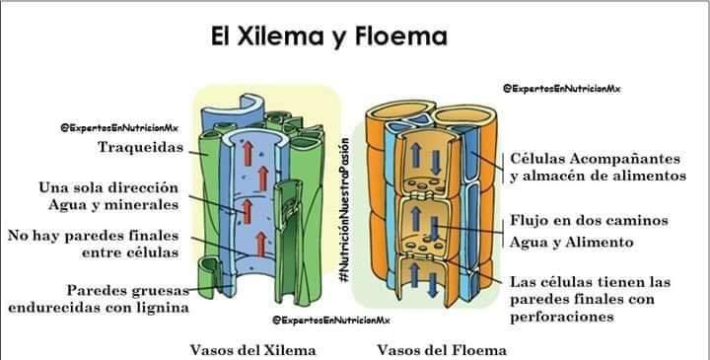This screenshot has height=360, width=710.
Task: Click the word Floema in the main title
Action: coord(400,36)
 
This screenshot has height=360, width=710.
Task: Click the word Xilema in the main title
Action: coord(280,36)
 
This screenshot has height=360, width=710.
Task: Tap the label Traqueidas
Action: coord(141,147)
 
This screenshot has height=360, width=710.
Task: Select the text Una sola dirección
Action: coord(108,187)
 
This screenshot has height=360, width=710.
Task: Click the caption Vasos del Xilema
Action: coord(252,350)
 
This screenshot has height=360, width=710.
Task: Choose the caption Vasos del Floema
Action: coord(442,350)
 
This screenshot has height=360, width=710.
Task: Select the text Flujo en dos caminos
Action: coord(589,221)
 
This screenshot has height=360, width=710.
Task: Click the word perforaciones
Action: coord(562,317)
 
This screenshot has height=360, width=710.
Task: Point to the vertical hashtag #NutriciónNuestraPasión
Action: coord(345,210)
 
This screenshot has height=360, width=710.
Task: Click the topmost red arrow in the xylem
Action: coord(248,154)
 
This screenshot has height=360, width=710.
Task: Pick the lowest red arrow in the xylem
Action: coord(260,245)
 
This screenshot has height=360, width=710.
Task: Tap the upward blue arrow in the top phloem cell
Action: coord(416,155)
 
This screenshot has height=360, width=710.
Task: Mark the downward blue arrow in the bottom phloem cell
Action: coord(433,285)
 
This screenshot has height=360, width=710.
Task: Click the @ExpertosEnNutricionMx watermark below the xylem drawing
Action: coord(330,321)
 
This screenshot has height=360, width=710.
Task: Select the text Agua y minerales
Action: coord(113,205)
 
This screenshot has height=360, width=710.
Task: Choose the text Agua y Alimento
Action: coord(571,243)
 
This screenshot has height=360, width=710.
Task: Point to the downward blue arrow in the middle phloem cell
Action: coord(434,228)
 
